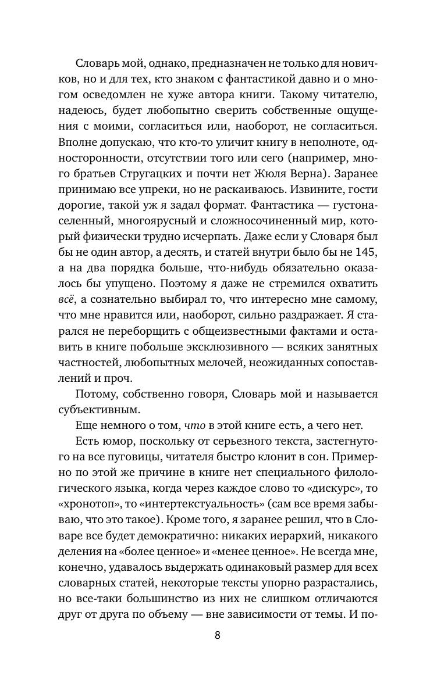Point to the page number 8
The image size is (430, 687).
coord(217,635)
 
